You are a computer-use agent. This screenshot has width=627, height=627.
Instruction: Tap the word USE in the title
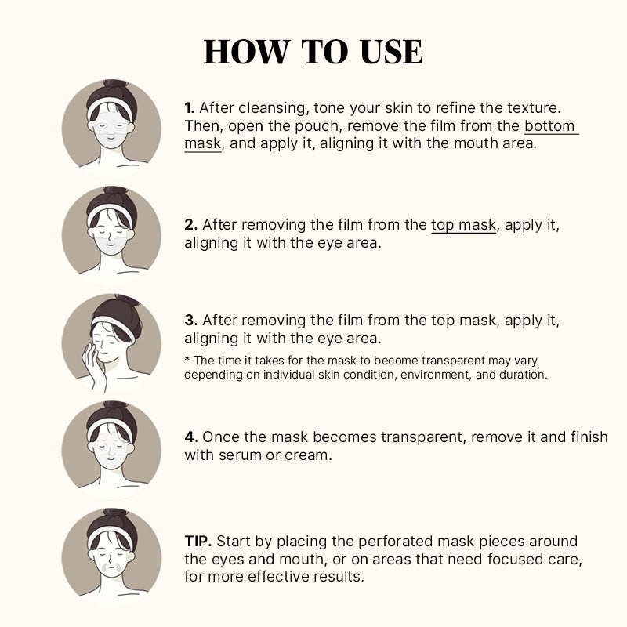(x=391, y=52)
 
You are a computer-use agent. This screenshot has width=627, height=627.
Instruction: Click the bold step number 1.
(x=189, y=108)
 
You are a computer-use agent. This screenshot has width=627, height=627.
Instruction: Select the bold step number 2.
(x=190, y=225)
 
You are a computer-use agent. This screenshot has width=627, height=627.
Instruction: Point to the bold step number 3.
(x=190, y=321)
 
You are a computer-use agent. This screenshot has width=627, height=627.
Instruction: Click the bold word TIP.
(x=198, y=542)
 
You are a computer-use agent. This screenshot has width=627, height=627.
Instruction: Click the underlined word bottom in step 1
(x=549, y=126)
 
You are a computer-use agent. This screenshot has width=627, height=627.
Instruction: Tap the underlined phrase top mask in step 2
(x=463, y=225)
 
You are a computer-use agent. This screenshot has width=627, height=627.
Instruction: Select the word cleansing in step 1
(x=274, y=108)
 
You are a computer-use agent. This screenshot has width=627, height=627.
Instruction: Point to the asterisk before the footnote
(x=187, y=359)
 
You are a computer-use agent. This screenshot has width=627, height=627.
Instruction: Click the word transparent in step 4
(x=423, y=437)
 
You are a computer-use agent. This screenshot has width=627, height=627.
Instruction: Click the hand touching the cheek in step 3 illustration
(x=94, y=366)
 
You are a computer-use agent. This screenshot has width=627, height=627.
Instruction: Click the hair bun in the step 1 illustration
(x=114, y=85)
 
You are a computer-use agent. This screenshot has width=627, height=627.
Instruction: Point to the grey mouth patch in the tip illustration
(x=111, y=567)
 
